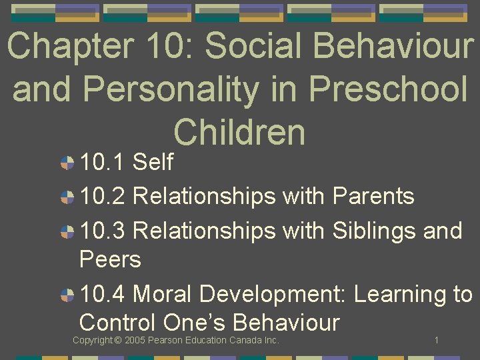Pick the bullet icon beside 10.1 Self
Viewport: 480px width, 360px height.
click(67, 162)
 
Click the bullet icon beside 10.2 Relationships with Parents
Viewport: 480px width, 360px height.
click(67, 197)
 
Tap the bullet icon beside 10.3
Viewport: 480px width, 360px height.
click(67, 231)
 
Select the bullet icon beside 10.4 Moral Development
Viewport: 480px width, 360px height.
click(67, 294)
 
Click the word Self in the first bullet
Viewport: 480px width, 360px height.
click(153, 162)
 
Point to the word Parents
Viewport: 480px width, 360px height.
click(373, 197)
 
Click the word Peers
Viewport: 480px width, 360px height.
click(110, 259)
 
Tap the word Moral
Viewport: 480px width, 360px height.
click(163, 294)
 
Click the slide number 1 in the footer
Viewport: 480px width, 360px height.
click(436, 341)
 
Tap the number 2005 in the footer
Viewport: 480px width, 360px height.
click(135, 341)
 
